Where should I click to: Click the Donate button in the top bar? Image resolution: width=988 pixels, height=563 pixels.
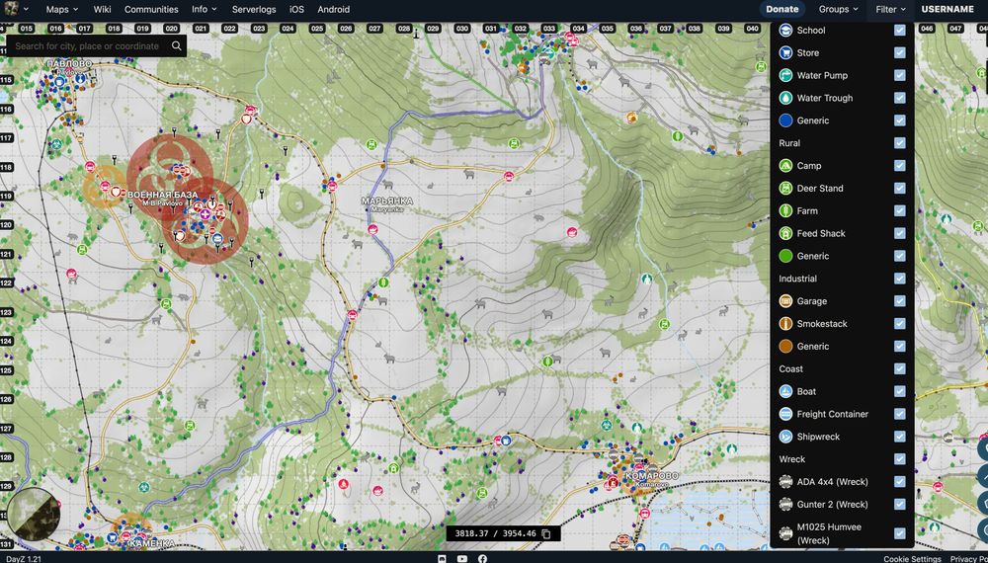click(782, 9)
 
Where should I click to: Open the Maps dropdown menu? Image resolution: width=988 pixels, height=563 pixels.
click(61, 9)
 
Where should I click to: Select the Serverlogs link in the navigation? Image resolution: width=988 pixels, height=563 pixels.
click(254, 9)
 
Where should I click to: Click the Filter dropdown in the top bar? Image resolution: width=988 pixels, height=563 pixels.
click(890, 9)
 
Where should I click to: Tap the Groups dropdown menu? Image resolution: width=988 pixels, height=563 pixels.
click(838, 9)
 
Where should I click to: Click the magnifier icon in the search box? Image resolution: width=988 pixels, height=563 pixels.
click(176, 45)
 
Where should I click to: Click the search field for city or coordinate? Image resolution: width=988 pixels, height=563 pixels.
click(87, 45)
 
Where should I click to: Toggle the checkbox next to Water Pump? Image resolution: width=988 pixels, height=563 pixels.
click(899, 75)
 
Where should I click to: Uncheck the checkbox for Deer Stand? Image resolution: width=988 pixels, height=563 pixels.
click(899, 189)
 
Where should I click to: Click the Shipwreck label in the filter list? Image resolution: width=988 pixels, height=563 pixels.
click(818, 437)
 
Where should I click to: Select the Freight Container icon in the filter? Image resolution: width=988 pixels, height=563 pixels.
click(786, 415)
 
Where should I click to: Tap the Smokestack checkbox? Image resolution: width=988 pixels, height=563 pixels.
click(899, 324)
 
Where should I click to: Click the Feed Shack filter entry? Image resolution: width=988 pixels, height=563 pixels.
click(821, 234)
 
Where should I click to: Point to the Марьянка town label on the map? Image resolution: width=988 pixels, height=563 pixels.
click(387, 201)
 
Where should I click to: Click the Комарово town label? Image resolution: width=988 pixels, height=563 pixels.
click(651, 476)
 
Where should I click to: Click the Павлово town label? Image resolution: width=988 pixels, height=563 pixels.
click(69, 64)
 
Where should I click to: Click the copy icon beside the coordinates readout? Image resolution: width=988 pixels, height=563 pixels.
click(545, 533)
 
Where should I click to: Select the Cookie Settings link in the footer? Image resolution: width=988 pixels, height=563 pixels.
click(912, 558)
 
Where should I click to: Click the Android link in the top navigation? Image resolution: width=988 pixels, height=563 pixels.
click(334, 9)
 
